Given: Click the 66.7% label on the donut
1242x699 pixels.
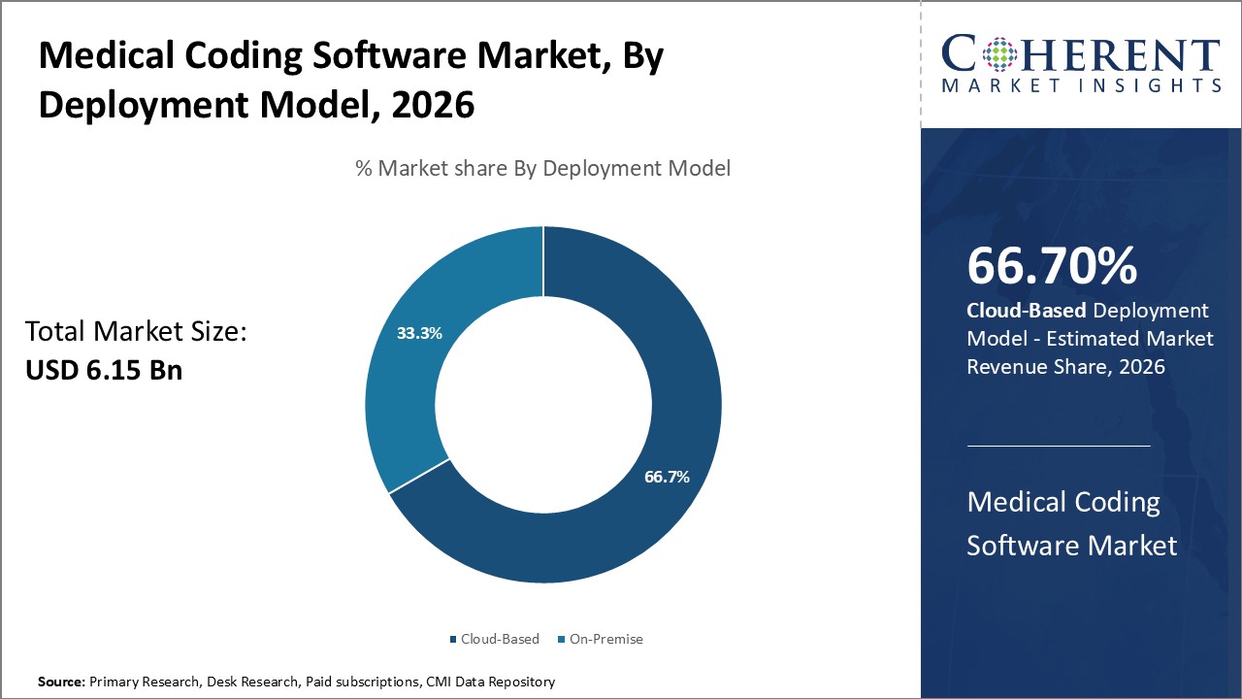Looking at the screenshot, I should (667, 477).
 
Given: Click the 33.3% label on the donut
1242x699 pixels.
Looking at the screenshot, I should (419, 333).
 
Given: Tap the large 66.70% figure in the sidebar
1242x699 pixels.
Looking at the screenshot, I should (1052, 266).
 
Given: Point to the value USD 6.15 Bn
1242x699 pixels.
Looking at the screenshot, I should (104, 370).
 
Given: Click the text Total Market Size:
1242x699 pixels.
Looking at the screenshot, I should (136, 332).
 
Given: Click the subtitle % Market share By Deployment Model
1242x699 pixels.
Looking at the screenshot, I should (542, 168).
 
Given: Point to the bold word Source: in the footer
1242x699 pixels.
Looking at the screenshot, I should (61, 682).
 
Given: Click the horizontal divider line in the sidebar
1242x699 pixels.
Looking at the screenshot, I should (1059, 446).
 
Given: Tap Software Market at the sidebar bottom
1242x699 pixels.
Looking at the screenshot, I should (1071, 545).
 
